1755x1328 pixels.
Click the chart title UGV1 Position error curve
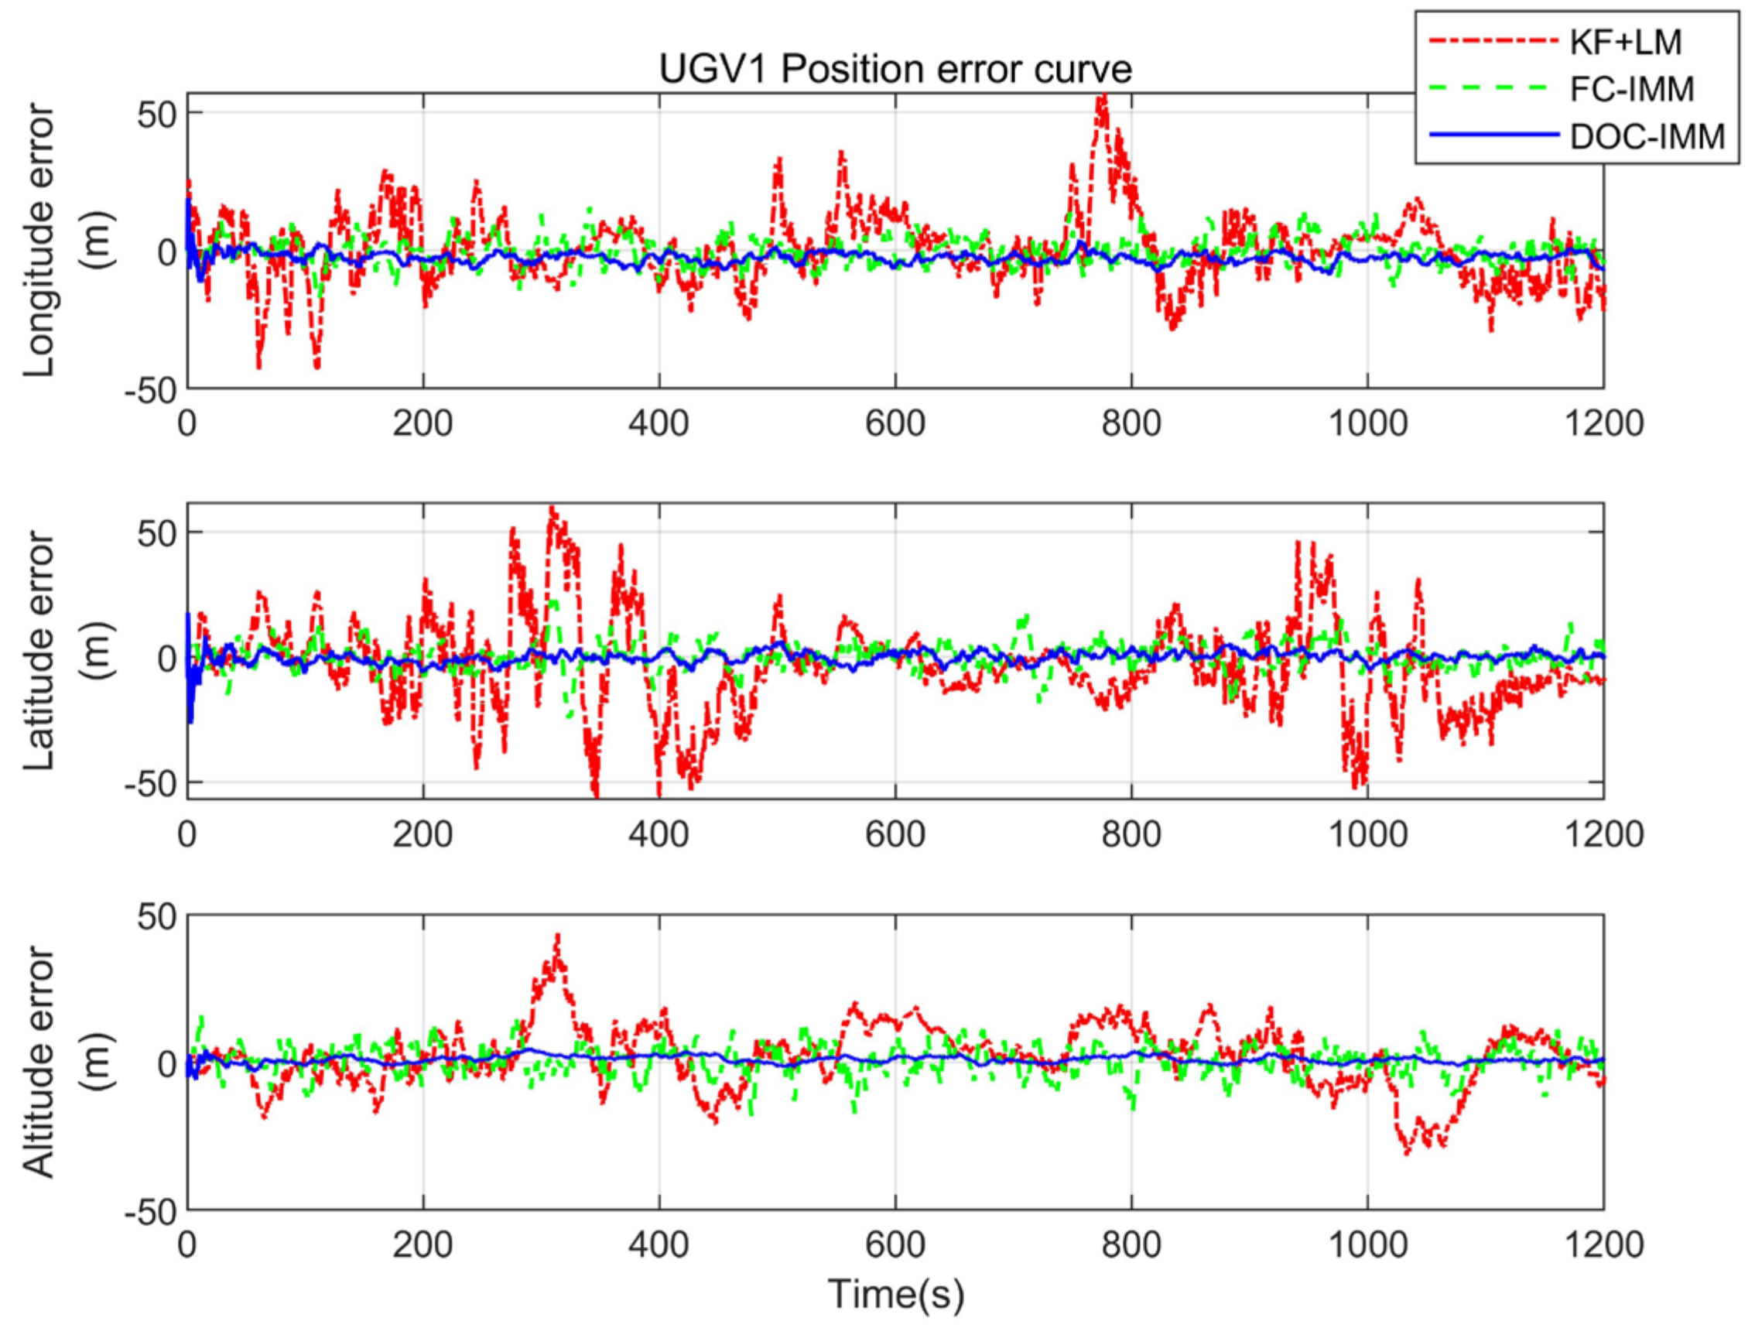(895, 70)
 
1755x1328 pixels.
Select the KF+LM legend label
(1626, 42)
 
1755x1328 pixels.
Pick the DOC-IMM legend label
(1647, 135)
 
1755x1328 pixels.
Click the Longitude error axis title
(39, 241)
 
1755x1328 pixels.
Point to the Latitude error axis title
(39, 651)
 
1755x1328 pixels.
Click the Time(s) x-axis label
(896, 1293)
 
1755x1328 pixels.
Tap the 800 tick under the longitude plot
(1131, 423)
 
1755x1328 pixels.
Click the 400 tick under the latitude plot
(659, 833)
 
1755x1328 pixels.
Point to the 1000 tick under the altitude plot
(1368, 1244)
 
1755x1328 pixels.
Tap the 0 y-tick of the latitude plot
(167, 658)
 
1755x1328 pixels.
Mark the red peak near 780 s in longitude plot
(1101, 98)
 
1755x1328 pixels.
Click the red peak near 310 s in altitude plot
(558, 936)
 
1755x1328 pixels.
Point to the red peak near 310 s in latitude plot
(552, 508)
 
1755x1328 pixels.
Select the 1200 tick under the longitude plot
(1603, 423)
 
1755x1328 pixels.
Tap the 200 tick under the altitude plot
(422, 1244)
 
